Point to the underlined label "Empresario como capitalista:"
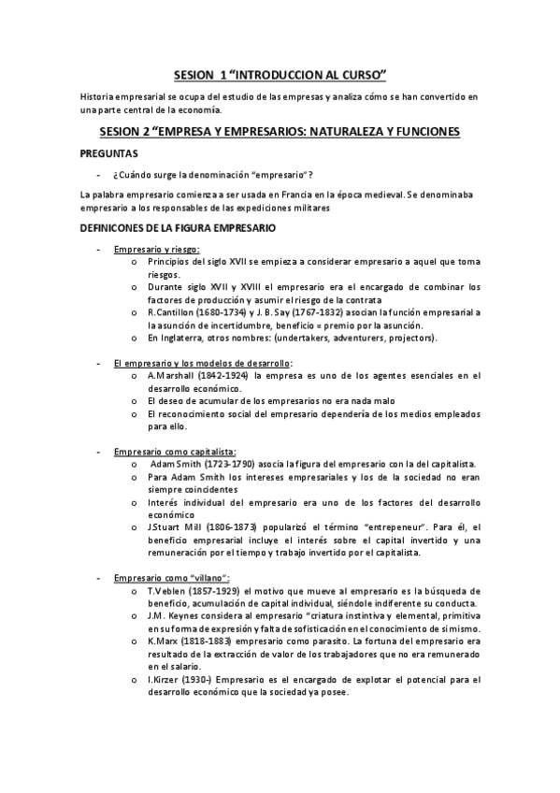pyautogui.click(x=175, y=452)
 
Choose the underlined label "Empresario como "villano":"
pyautogui.click(x=171, y=578)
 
